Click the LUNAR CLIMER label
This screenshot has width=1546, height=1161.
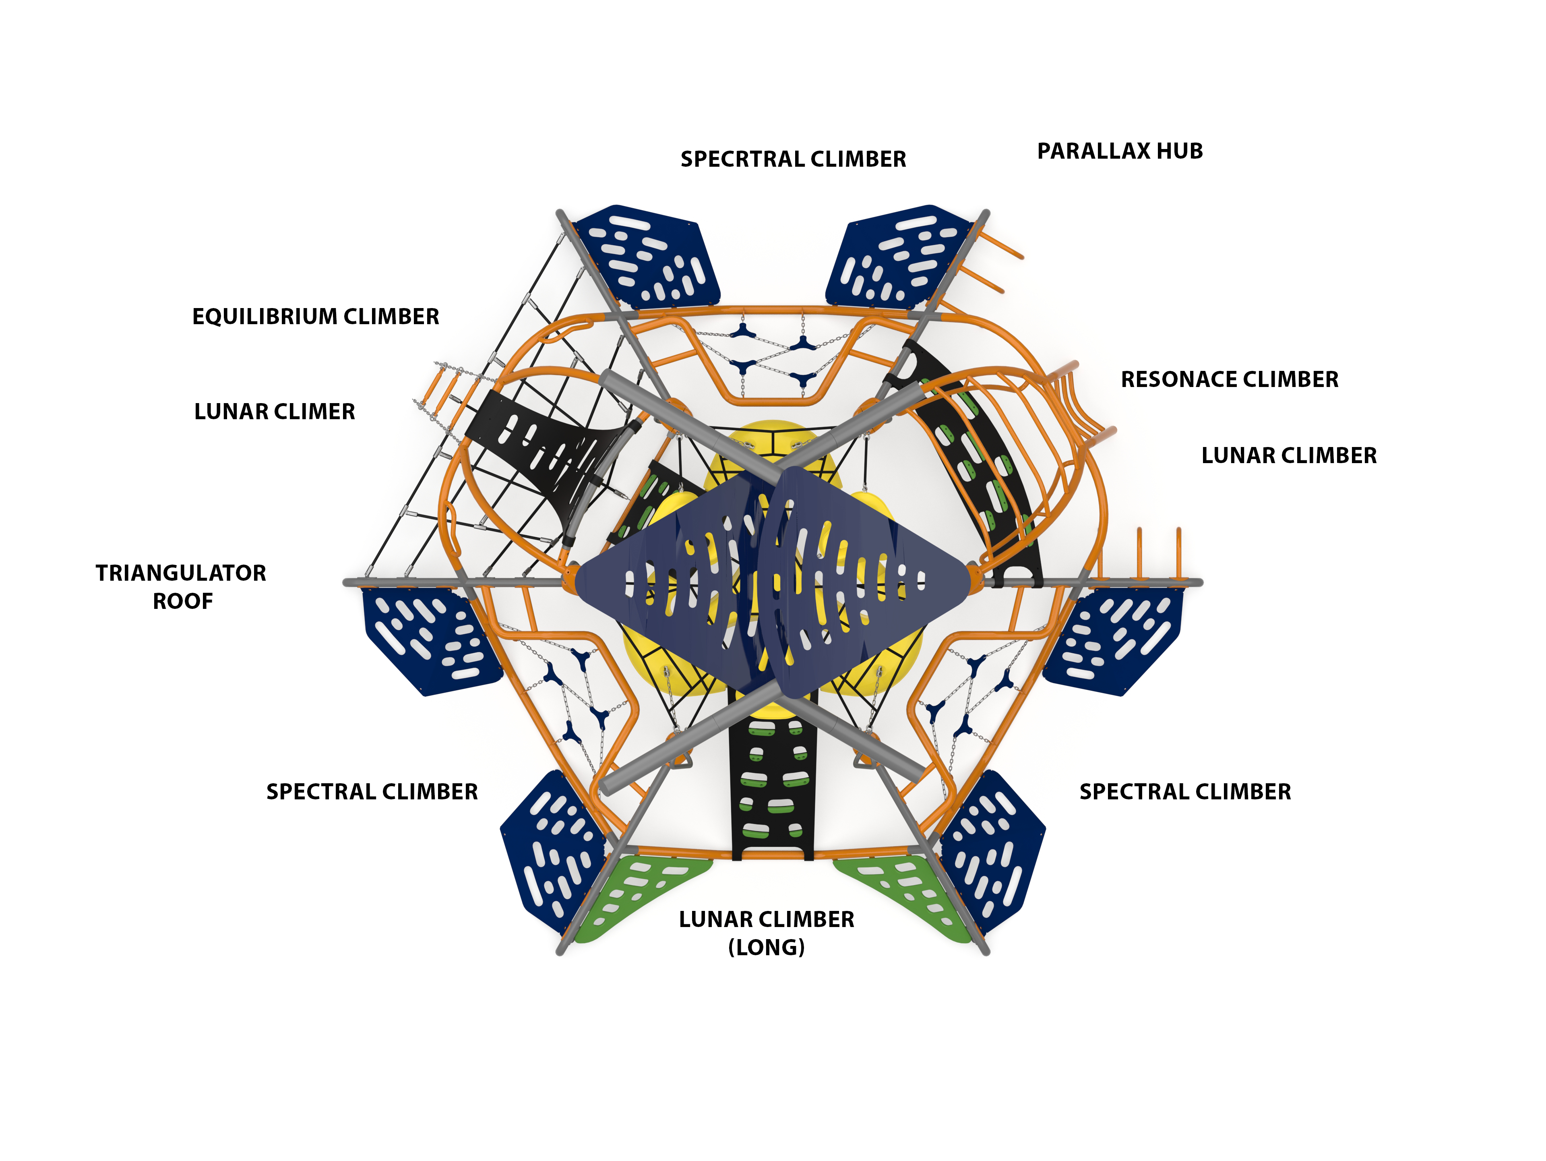point(275,412)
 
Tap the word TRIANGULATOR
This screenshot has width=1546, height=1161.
point(181,573)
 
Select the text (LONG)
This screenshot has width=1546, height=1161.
point(767,948)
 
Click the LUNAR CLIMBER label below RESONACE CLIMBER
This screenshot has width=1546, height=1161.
point(1289,456)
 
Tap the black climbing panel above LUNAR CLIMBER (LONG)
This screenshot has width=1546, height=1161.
point(772,776)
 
